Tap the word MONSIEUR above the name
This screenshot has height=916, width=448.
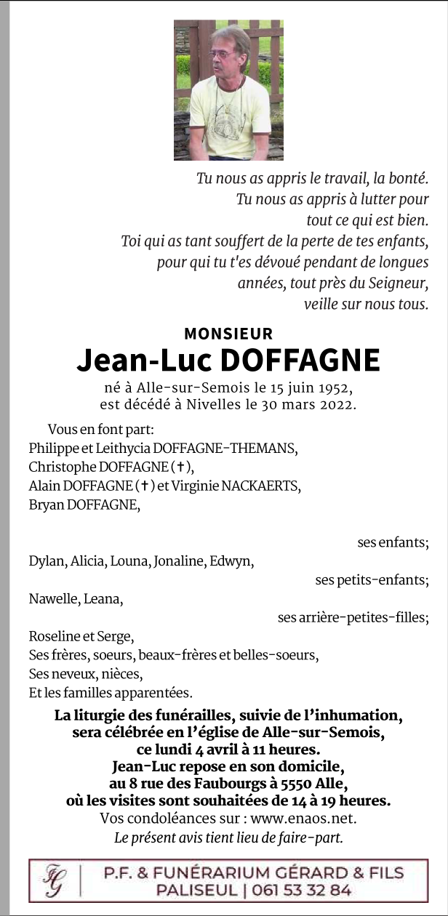point(228,334)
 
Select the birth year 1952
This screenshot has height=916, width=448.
point(337,387)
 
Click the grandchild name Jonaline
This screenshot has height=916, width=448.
point(177,561)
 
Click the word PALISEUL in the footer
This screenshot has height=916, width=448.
point(199,890)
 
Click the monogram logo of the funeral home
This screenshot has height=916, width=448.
point(53,880)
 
